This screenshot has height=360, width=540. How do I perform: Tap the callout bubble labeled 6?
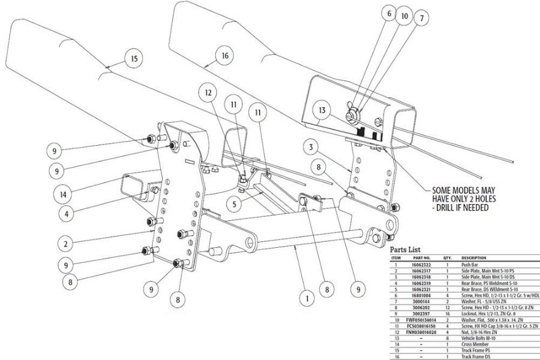tap(389, 13)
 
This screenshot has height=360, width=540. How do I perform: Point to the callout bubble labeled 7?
tap(422, 19)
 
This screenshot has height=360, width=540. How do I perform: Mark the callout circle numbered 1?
tap(307, 297)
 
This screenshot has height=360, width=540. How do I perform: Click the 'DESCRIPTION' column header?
tap(474, 257)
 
